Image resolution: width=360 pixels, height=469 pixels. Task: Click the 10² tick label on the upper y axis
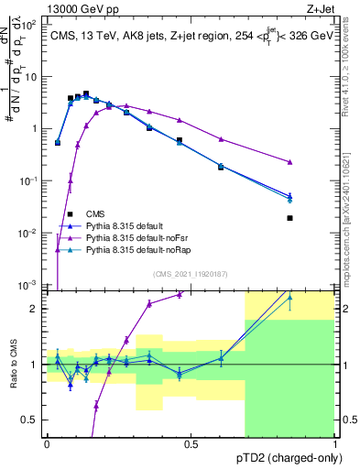[29, 24]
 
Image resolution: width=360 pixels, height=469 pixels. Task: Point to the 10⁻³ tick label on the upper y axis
[29, 285]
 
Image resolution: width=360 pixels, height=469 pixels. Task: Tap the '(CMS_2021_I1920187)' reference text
[191, 273]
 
